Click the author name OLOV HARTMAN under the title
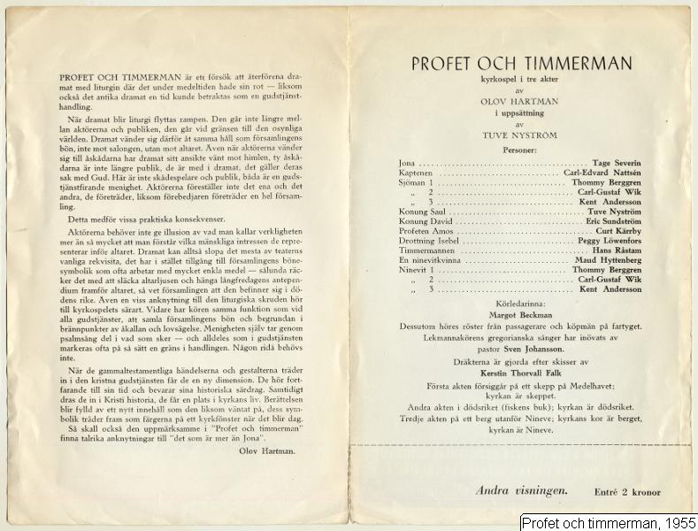[x=522, y=101]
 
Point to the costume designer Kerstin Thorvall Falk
[x=522, y=374]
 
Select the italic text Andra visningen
[x=520, y=489]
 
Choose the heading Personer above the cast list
[x=521, y=151]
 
